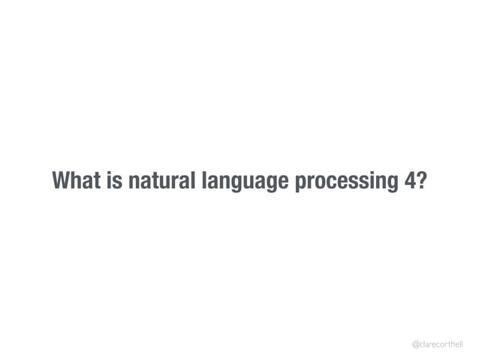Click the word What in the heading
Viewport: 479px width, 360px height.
[x=78, y=181]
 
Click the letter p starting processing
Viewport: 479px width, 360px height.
[x=299, y=184]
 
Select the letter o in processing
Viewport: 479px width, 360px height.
[x=318, y=183]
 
